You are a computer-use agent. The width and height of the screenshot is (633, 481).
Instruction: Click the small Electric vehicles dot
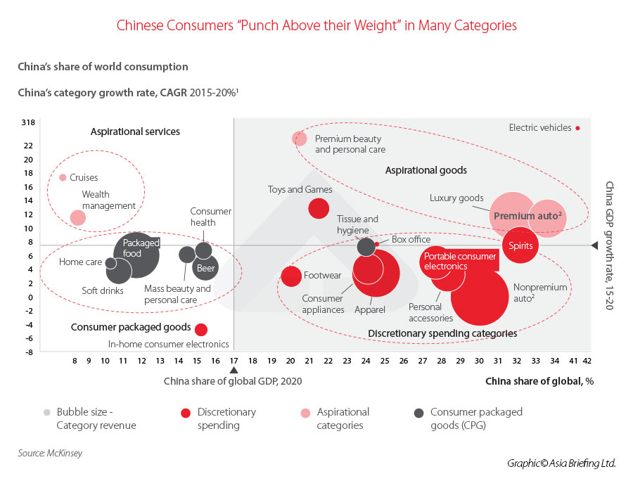tap(577, 128)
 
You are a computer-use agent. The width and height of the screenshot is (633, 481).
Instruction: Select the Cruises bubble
tap(63, 177)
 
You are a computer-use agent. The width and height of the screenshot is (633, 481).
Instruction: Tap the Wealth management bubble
tap(78, 217)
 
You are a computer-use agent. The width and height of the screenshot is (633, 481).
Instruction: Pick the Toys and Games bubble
tap(319, 208)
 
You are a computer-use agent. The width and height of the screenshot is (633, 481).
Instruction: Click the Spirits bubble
tap(521, 246)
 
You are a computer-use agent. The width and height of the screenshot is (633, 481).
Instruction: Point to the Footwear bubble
tap(291, 276)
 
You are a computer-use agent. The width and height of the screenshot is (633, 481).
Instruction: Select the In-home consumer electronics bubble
tap(201, 329)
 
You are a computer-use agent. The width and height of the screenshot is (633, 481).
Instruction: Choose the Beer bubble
tap(205, 268)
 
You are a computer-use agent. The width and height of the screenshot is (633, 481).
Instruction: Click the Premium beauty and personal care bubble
tap(300, 138)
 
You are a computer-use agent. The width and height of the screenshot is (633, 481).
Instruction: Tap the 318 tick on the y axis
tap(28, 122)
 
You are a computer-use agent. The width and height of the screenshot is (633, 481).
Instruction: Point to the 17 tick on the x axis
tap(234, 360)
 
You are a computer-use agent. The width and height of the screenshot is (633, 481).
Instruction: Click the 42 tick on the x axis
tap(587, 360)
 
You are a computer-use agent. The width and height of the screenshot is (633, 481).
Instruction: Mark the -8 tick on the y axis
tap(29, 352)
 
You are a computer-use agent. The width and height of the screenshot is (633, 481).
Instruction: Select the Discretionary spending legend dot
tap(186, 412)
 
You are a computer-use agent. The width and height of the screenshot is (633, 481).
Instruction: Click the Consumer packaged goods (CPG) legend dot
tap(418, 412)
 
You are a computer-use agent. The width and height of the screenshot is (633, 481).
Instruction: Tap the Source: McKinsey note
tap(50, 454)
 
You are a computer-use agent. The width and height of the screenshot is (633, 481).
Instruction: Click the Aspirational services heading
tap(135, 132)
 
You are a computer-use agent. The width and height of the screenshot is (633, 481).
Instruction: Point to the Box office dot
tap(377, 243)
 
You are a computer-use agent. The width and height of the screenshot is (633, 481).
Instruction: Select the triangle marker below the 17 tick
tap(234, 370)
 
